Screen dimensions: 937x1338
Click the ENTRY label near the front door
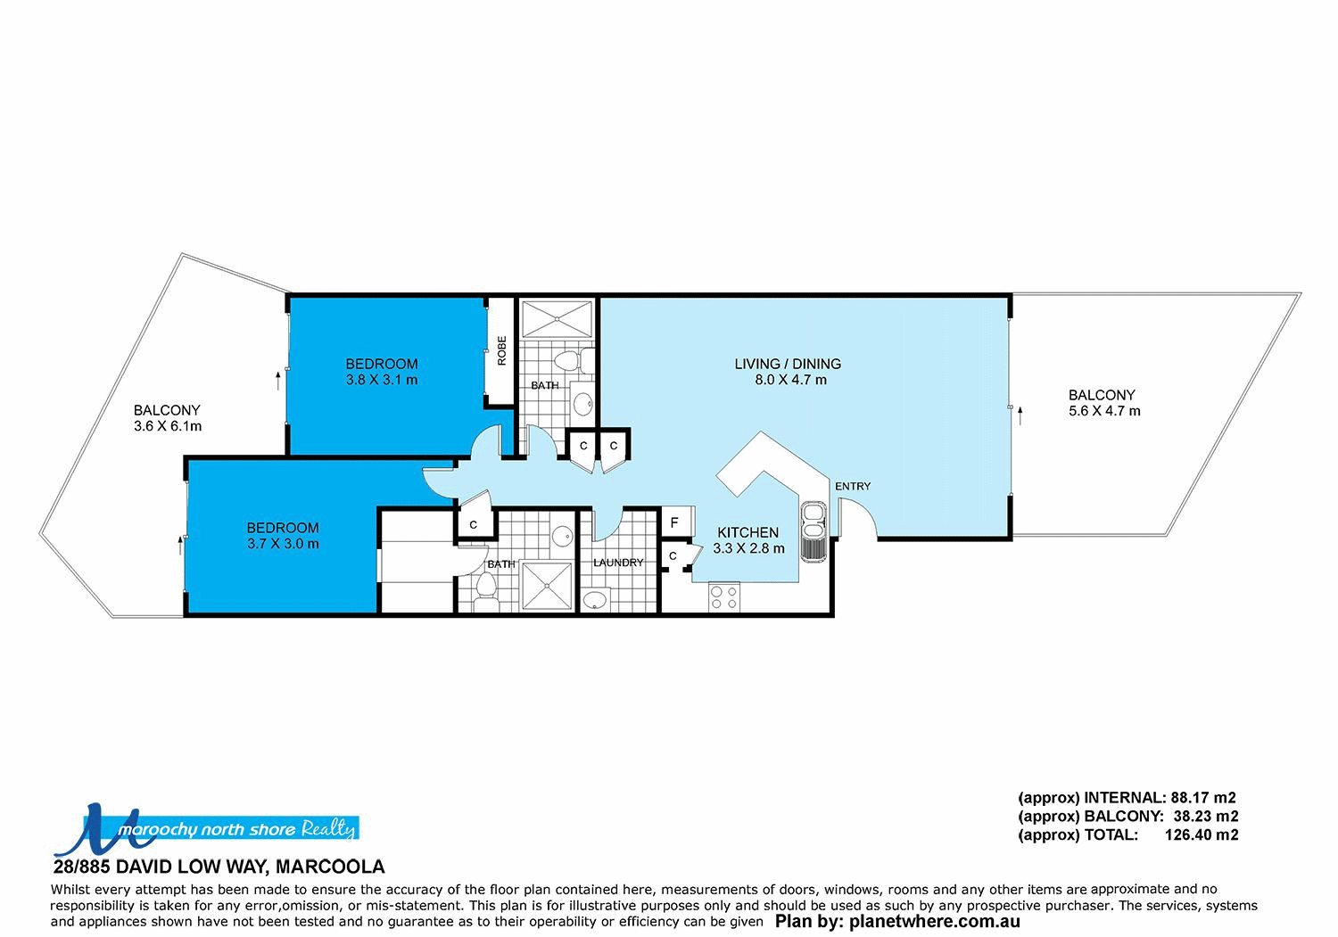point(852,486)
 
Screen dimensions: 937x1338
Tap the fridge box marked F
point(675,522)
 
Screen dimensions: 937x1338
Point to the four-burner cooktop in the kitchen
point(723,596)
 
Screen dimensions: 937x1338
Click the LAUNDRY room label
point(618,563)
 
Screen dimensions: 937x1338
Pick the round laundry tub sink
point(594,599)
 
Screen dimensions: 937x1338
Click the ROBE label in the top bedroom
point(501,349)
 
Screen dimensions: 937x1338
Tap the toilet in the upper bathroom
point(566,361)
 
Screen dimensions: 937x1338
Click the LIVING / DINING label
point(788,364)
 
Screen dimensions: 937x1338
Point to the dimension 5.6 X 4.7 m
point(1104,411)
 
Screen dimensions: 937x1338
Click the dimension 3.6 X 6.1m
point(168,426)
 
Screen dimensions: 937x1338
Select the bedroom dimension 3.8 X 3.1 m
point(382,380)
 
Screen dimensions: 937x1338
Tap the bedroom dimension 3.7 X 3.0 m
point(283,544)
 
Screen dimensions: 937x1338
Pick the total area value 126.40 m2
point(1201,835)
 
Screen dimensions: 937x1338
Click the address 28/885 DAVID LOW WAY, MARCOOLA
point(219,867)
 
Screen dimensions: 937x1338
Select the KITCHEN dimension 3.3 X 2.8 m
point(748,548)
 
